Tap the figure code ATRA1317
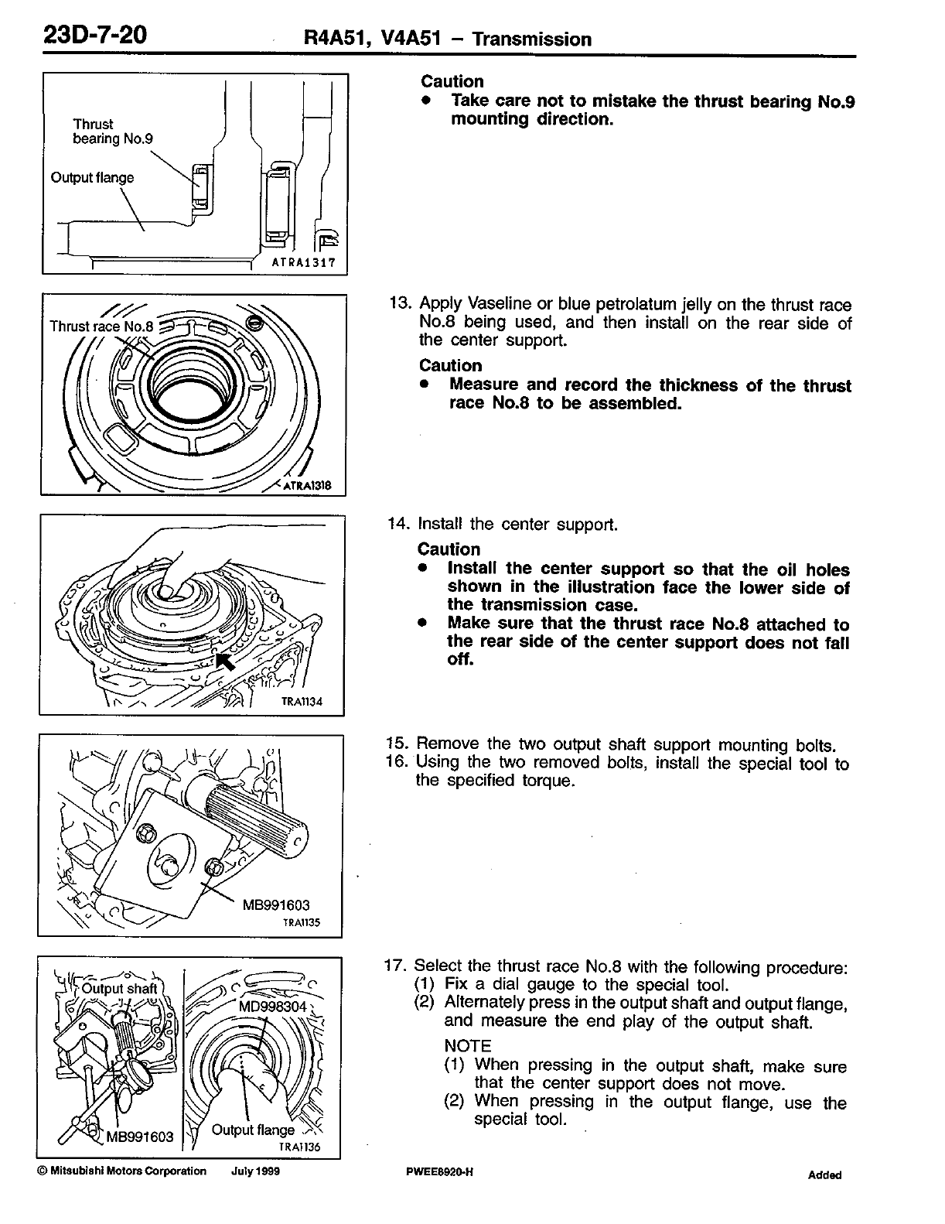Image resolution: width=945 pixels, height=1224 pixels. (x=303, y=262)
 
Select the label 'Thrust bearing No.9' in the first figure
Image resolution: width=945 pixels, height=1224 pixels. (x=113, y=132)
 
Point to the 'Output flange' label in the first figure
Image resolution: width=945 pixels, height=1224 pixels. (x=92, y=177)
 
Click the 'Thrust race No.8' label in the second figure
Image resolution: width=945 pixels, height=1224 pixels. (x=102, y=326)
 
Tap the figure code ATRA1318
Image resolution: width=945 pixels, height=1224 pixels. (x=307, y=486)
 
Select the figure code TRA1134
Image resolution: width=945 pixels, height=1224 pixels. (x=302, y=703)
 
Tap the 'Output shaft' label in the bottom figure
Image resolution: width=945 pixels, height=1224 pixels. (x=119, y=988)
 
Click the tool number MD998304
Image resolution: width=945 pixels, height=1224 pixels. (x=274, y=1006)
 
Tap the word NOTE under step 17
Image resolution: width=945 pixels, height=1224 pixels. (x=469, y=1046)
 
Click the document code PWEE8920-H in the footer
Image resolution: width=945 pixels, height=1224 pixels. (x=438, y=1171)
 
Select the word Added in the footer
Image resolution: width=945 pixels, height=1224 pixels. (x=824, y=1174)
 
